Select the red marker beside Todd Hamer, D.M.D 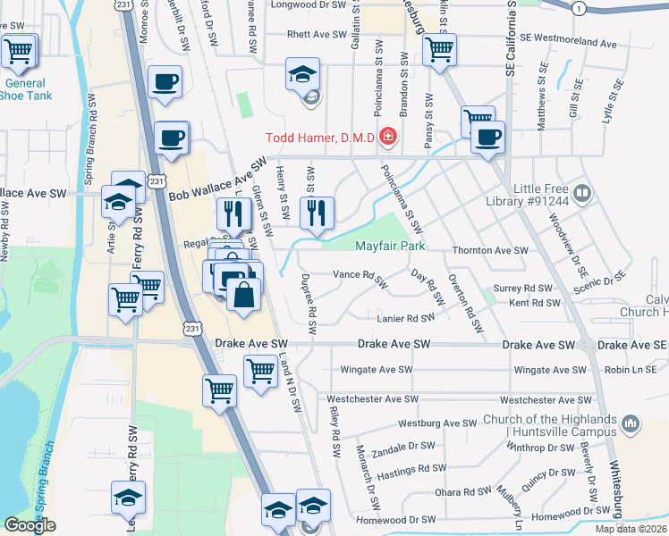click(x=388, y=137)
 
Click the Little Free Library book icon click(x=582, y=193)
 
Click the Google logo click(x=30, y=525)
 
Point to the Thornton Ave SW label click(x=490, y=251)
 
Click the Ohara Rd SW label click(x=462, y=492)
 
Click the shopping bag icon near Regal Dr click(x=243, y=293)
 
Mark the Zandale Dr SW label click(x=403, y=447)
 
